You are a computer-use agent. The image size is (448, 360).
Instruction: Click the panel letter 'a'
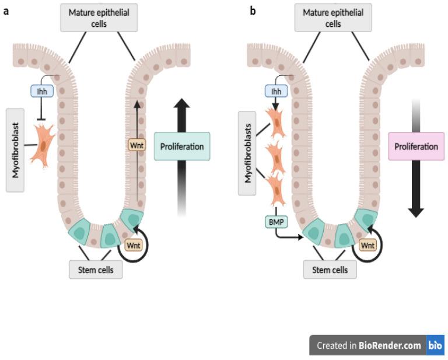tap(6, 11)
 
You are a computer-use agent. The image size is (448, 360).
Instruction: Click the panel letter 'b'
tap(253, 11)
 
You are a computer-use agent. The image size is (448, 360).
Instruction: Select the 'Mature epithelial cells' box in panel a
tap(100, 18)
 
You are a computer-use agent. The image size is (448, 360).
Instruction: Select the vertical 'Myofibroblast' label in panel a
tap(16, 149)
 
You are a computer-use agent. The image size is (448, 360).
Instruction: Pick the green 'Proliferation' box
tap(182, 146)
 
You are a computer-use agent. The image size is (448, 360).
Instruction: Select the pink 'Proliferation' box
tap(415, 146)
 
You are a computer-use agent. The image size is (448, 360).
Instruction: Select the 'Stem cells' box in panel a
tap(96, 270)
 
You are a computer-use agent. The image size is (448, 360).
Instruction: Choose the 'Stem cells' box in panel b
tap(330, 270)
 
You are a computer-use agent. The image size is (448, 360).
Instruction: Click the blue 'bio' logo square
tap(435, 345)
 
